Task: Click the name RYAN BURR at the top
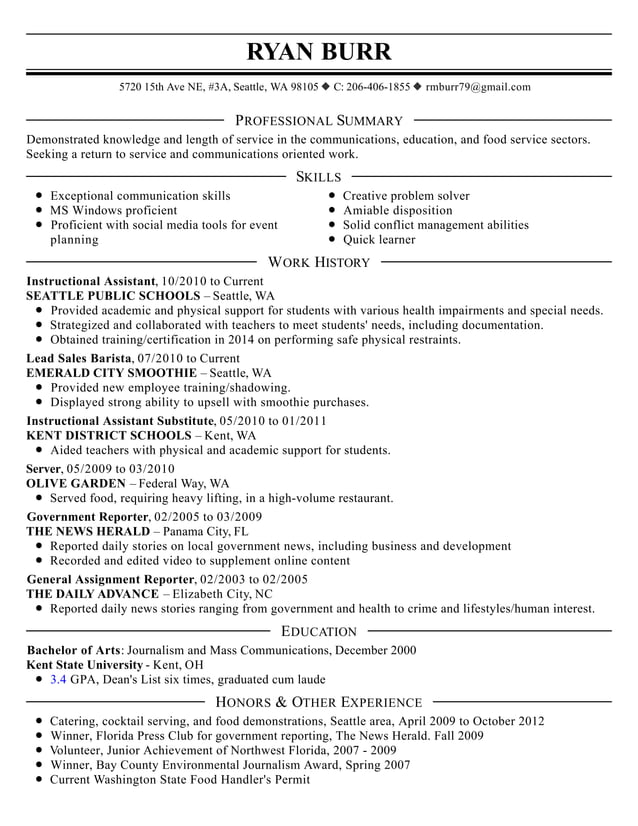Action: click(x=319, y=51)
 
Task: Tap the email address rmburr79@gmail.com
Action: click(x=478, y=87)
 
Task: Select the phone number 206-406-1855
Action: click(x=378, y=87)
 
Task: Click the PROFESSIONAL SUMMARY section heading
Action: click(x=319, y=121)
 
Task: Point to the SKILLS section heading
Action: click(x=319, y=177)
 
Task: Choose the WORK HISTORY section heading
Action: click(x=319, y=262)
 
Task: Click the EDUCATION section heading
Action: click(x=319, y=631)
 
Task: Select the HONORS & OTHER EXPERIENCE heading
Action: click(x=319, y=702)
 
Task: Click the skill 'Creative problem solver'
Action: click(x=406, y=196)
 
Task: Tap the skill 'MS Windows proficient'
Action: click(x=113, y=211)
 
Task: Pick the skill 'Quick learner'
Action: click(x=379, y=240)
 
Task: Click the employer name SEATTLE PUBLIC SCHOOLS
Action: click(x=113, y=297)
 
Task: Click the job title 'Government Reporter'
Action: click(x=88, y=517)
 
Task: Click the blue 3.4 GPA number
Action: click(x=58, y=679)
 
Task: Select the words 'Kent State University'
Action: click(x=84, y=664)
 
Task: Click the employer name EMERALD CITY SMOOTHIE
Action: click(x=111, y=373)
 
